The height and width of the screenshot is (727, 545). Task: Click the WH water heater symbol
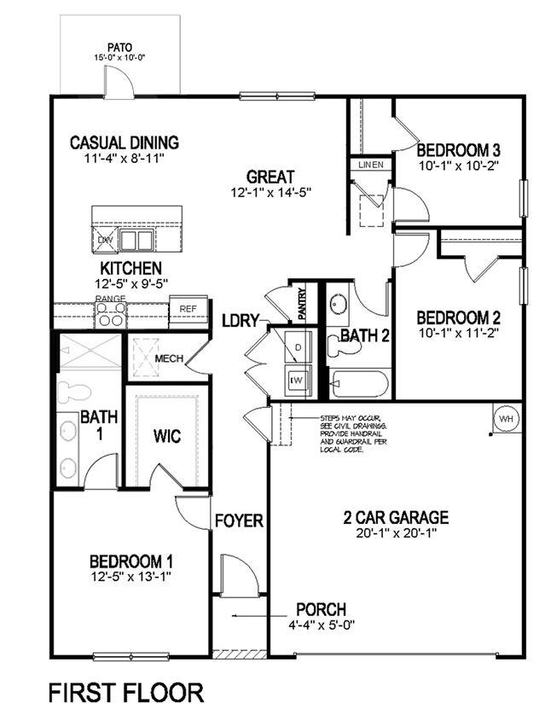pyautogui.click(x=505, y=419)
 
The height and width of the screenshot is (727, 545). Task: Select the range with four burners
pyautogui.click(x=110, y=315)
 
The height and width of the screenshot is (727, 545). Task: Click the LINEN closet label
pyautogui.click(x=370, y=165)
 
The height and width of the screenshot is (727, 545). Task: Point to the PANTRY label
pyautogui.click(x=302, y=303)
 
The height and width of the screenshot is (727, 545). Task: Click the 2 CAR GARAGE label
pyautogui.click(x=396, y=517)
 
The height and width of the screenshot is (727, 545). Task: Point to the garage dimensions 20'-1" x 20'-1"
pyautogui.click(x=396, y=534)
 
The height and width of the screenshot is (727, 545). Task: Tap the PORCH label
pyautogui.click(x=321, y=609)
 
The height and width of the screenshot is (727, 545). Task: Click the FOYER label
pyautogui.click(x=238, y=521)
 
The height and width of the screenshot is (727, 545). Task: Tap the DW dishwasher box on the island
pyautogui.click(x=105, y=240)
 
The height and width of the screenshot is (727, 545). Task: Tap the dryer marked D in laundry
pyautogui.click(x=299, y=348)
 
